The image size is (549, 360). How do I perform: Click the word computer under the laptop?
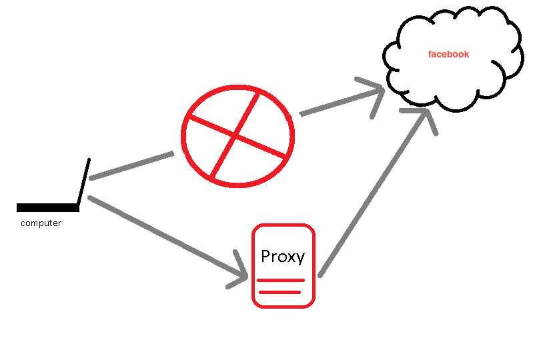point(41,223)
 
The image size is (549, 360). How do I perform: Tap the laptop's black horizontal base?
point(47,207)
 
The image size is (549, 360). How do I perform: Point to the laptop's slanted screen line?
point(83,182)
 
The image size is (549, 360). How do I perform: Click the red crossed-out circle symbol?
point(237,135)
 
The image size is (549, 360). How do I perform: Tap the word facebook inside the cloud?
point(448,54)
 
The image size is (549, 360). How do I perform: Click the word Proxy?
point(283,257)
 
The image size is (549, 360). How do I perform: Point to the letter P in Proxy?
point(266,256)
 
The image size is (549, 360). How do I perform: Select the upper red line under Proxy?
point(281,280)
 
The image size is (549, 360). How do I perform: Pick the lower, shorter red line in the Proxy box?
point(280,291)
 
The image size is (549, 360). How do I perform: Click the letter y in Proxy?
point(301,259)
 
